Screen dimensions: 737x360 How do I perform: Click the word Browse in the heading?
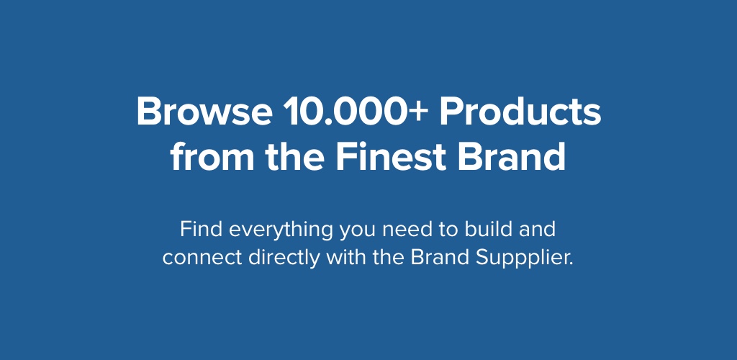(x=204, y=112)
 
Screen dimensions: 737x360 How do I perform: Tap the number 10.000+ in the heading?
(x=356, y=112)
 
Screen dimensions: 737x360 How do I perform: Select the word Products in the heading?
(x=520, y=112)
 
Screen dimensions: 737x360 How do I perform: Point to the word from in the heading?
(x=212, y=156)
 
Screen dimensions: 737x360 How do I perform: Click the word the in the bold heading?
(x=294, y=156)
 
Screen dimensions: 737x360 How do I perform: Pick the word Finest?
(x=391, y=156)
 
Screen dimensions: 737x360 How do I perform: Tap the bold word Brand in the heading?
(x=512, y=156)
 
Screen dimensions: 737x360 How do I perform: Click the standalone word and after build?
(x=537, y=230)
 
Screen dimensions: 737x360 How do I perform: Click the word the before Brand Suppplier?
(x=389, y=258)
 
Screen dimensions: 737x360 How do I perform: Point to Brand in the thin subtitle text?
(x=440, y=258)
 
